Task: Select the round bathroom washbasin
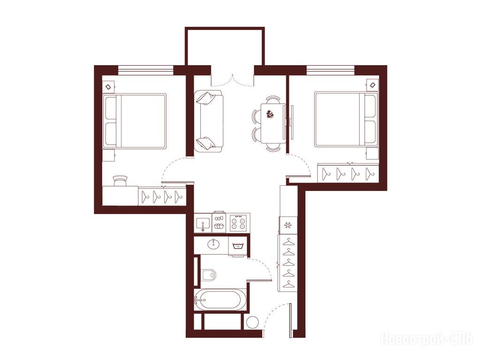(213, 244)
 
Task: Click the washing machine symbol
(237, 246)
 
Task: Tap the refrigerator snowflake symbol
(288, 225)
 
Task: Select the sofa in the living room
(208, 121)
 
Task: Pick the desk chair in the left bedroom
(120, 181)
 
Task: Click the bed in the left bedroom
(134, 121)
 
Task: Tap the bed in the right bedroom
(346, 119)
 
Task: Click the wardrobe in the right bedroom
(348, 173)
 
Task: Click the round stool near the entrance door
(252, 322)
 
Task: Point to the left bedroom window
(146, 70)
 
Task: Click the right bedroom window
(331, 70)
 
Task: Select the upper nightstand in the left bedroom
(108, 87)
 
